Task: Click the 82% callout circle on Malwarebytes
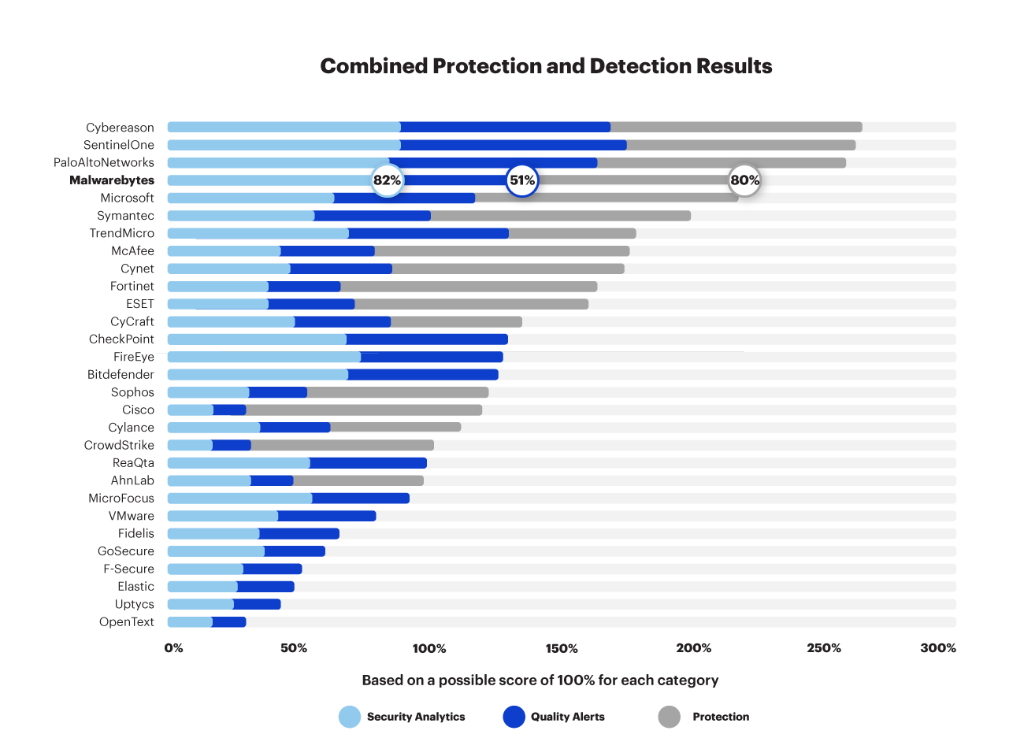[387, 180]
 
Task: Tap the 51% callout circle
[521, 180]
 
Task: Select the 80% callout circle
[744, 180]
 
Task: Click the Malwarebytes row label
[112, 180]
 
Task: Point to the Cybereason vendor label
[120, 128]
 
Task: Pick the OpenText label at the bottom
[126, 622]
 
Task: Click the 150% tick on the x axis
[562, 648]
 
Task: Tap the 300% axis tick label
[938, 648]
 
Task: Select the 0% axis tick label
[173, 648]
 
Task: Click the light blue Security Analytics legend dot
[350, 717]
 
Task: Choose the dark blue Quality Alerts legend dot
[514, 717]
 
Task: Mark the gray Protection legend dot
[670, 717]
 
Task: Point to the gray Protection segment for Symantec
[560, 216]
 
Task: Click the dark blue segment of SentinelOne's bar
[513, 145]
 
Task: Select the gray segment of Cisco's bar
[363, 410]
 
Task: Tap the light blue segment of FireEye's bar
[264, 357]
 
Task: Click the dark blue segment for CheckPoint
[426, 339]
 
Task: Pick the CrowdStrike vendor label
[119, 446]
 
